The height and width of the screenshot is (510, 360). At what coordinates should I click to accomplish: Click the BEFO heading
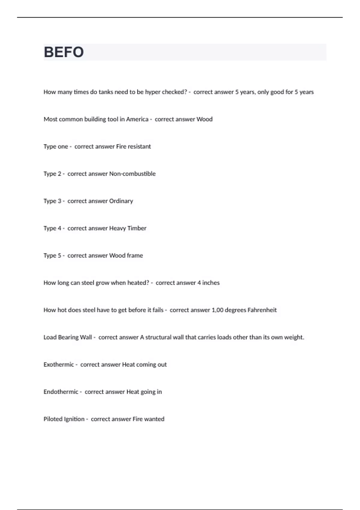pyautogui.click(x=64, y=52)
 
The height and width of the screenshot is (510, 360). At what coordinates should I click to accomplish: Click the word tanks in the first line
pyautogui.click(x=106, y=92)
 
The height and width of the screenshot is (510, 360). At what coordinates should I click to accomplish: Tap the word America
pyautogui.click(x=137, y=119)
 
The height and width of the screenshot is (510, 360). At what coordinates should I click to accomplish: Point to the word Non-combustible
pyautogui.click(x=132, y=174)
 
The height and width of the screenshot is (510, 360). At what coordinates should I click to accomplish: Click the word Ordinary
pyautogui.click(x=121, y=201)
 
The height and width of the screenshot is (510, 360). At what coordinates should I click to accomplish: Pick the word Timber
pyautogui.click(x=137, y=228)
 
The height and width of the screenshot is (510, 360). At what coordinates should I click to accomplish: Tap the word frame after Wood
pyautogui.click(x=135, y=256)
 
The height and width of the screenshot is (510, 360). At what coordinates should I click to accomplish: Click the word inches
pyautogui.click(x=211, y=283)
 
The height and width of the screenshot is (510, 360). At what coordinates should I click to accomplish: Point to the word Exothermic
pyautogui.click(x=58, y=364)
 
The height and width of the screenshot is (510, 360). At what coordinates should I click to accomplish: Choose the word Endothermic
pyautogui.click(x=61, y=392)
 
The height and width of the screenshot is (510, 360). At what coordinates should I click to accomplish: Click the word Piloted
pyautogui.click(x=53, y=419)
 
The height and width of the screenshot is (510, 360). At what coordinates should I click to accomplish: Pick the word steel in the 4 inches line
pyautogui.click(x=88, y=283)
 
